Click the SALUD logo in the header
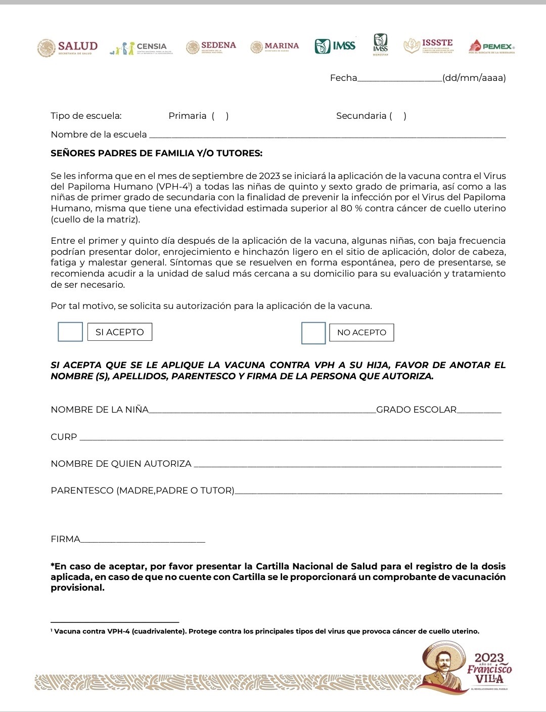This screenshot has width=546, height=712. pyautogui.click(x=67, y=48)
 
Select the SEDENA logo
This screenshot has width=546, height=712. pyautogui.click(x=211, y=47)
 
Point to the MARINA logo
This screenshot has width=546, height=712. pyautogui.click(x=275, y=47)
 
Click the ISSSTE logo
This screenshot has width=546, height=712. pyautogui.click(x=429, y=46)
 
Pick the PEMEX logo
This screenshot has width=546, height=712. pyautogui.click(x=491, y=47)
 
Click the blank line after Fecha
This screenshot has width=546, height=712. pyautogui.click(x=399, y=78)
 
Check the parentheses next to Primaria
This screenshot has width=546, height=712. pyautogui.click(x=220, y=116)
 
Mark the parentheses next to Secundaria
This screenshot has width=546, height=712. pyautogui.click(x=398, y=116)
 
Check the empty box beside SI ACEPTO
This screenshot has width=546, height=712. pyautogui.click(x=70, y=332)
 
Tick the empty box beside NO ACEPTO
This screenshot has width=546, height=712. pyautogui.click(x=313, y=333)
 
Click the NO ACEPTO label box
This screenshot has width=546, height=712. pyautogui.click(x=361, y=332)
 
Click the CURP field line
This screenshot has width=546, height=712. pyautogui.click(x=291, y=438)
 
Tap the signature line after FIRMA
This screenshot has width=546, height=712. pyautogui.click(x=143, y=540)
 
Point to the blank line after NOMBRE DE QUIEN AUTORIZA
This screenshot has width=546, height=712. pyautogui.click(x=347, y=465)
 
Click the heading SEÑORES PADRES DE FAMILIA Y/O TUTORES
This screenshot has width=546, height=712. pyautogui.click(x=157, y=153)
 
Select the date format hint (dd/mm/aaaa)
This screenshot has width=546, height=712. pyautogui.click(x=474, y=78)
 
